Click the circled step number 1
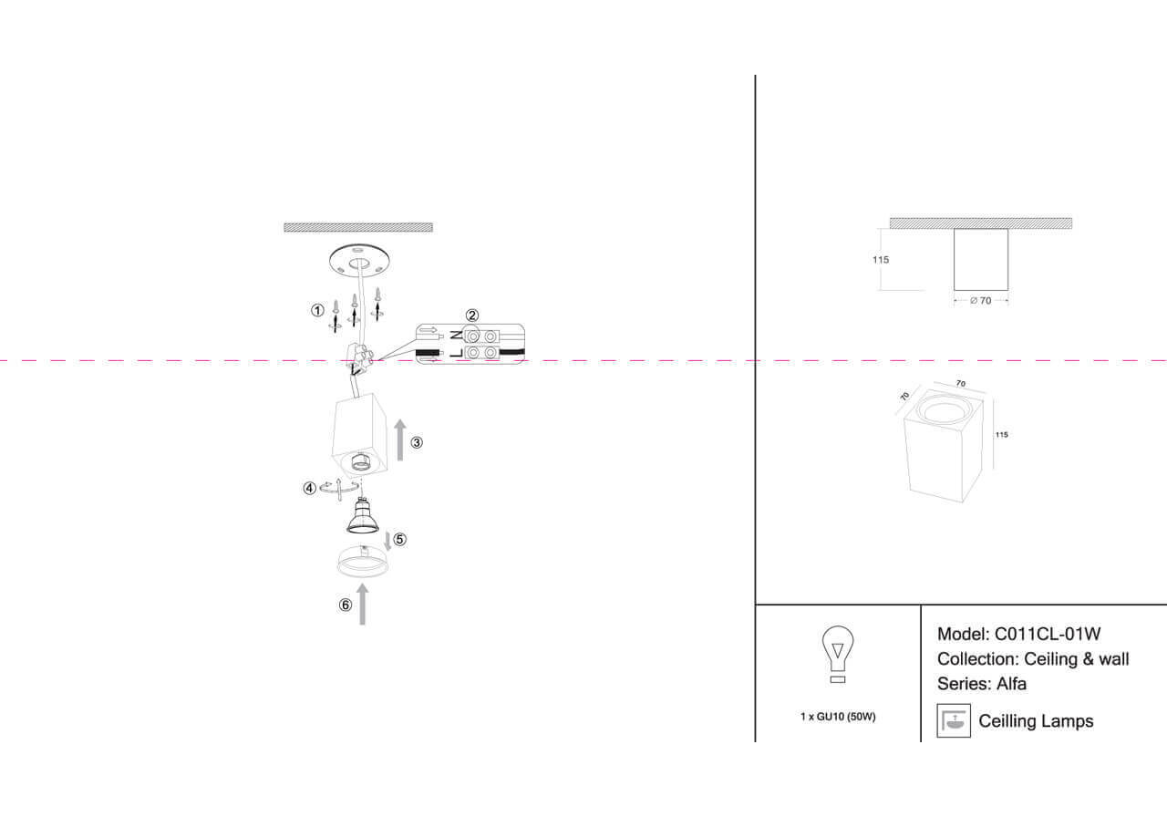tap(317, 310)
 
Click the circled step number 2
tap(472, 315)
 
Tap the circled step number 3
tap(417, 443)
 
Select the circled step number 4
tap(310, 488)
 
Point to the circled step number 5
tap(399, 539)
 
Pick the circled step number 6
tap(345, 605)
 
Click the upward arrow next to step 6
tap(363, 605)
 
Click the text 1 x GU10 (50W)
tap(837, 717)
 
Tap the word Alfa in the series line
tap(1011, 683)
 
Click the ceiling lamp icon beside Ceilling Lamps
tap(954, 720)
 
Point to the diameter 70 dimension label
tap(980, 301)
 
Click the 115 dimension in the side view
tap(880, 260)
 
